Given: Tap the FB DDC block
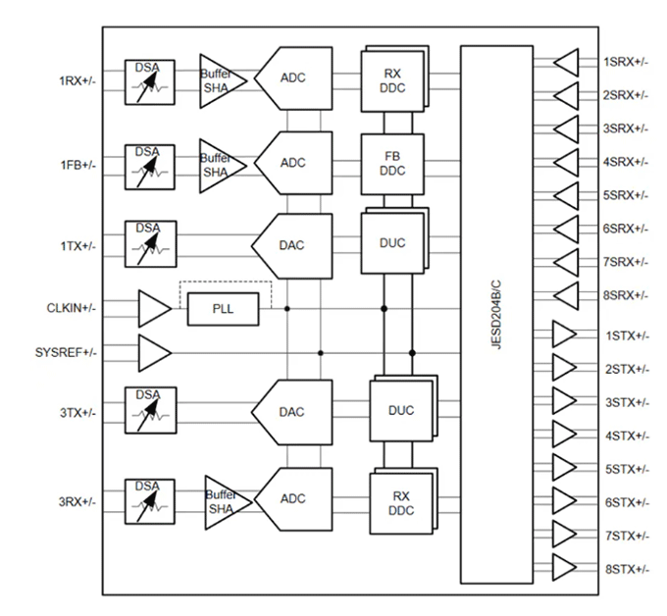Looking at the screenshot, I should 391,162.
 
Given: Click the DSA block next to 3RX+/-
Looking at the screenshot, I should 149,499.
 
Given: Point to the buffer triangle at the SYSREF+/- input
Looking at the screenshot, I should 153,351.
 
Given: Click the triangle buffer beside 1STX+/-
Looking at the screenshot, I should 564,334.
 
